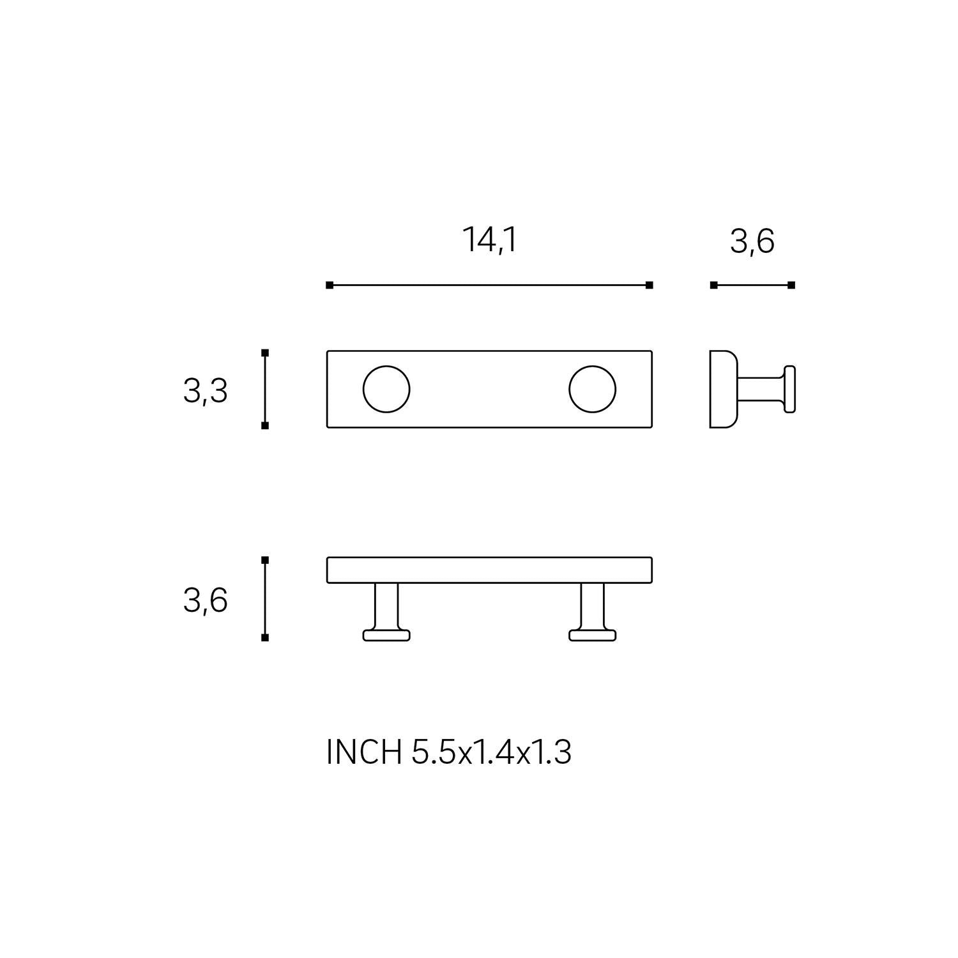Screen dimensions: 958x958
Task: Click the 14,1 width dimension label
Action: (489, 241)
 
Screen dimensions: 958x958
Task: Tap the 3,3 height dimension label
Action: (206, 391)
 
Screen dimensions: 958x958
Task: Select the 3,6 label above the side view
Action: (752, 242)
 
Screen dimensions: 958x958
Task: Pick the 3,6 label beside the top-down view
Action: (206, 601)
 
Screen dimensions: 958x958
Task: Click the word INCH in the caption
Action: (363, 752)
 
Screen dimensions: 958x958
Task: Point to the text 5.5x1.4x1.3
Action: (491, 752)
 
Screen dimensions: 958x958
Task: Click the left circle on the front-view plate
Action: (386, 389)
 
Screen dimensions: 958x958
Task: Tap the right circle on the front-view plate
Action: (593, 389)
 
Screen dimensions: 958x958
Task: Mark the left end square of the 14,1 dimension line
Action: (330, 285)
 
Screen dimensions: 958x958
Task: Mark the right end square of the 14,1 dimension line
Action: (650, 285)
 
